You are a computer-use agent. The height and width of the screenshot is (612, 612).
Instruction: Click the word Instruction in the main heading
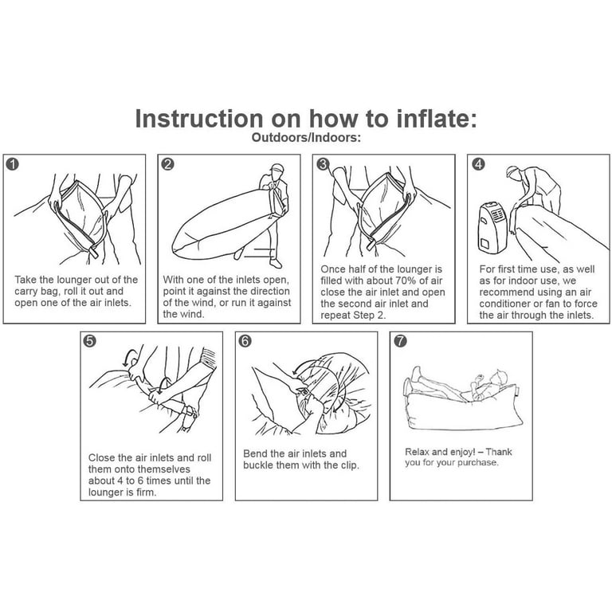click(x=199, y=119)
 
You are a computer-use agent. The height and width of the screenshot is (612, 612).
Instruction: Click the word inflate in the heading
click(x=433, y=119)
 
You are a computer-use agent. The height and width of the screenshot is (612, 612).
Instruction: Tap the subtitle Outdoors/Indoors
click(x=306, y=137)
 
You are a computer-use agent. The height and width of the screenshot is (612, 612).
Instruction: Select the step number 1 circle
click(x=13, y=164)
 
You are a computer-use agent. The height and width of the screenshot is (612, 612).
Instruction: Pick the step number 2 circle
click(x=167, y=164)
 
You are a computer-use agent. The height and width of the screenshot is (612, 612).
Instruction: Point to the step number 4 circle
click(x=478, y=164)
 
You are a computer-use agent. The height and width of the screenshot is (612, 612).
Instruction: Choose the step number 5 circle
click(x=89, y=341)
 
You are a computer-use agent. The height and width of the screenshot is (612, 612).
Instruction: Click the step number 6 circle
click(x=245, y=341)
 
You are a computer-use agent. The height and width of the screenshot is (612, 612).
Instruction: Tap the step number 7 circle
click(x=400, y=341)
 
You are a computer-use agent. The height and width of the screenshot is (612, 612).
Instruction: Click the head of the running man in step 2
click(x=277, y=171)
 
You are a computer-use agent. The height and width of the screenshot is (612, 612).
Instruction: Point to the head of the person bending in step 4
click(x=514, y=172)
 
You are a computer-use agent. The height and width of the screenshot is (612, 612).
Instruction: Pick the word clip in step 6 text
click(x=350, y=465)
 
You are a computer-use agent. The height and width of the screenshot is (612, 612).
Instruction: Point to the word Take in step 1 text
click(x=25, y=280)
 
